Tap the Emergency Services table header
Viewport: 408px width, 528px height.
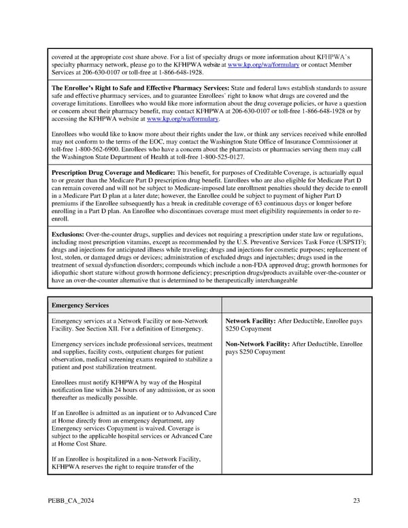(x=81, y=305)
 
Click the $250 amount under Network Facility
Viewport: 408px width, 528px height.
(x=235, y=328)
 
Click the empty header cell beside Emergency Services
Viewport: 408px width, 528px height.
(x=296, y=305)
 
